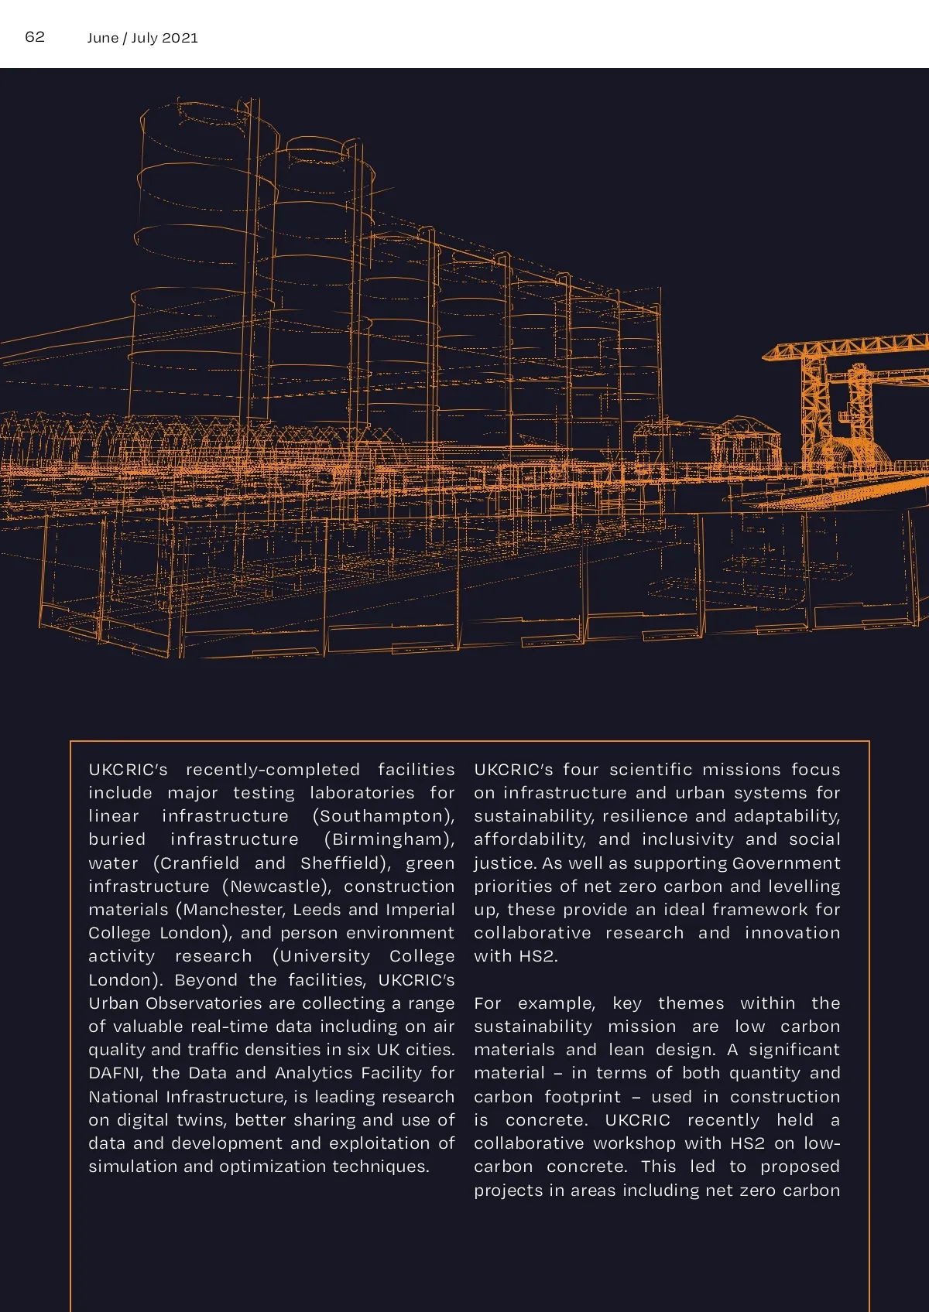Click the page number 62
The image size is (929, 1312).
[x=35, y=36]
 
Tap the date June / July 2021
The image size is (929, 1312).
[x=142, y=38]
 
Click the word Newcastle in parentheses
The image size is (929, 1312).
[x=276, y=887]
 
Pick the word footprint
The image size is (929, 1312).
[x=582, y=1097]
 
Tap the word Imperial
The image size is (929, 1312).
[x=420, y=910]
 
